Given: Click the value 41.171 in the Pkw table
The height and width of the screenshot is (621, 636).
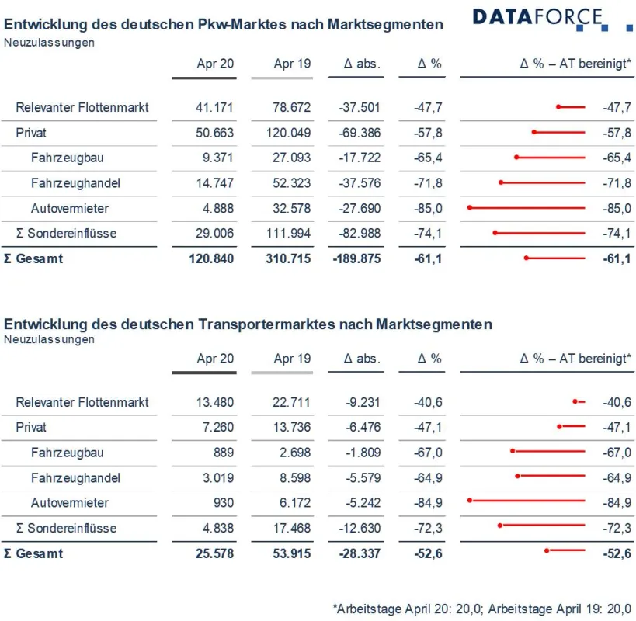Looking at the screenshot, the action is (x=214, y=107).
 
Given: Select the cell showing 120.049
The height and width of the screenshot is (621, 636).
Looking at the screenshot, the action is (x=288, y=133).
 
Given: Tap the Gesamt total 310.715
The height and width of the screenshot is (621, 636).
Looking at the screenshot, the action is (x=288, y=258).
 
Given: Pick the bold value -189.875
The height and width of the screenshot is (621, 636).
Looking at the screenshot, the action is (x=356, y=258).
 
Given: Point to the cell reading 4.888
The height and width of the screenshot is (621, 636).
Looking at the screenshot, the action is (x=218, y=208).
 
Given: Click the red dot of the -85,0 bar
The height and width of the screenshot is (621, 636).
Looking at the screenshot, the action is (x=470, y=208).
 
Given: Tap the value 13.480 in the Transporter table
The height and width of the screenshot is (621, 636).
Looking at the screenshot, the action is (x=215, y=402).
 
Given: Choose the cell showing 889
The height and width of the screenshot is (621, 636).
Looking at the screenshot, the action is (x=224, y=453).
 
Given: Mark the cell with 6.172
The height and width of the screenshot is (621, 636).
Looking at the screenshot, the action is (x=295, y=503).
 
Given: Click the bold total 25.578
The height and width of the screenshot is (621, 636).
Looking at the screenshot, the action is (x=215, y=553).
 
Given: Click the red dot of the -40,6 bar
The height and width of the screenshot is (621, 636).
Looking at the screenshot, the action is (x=575, y=401).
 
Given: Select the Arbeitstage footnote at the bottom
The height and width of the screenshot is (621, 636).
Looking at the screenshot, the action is (x=482, y=609).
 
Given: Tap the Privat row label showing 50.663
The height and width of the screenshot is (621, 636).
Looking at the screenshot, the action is (x=31, y=133).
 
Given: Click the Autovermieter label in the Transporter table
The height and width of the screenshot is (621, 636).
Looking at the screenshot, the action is (x=70, y=503).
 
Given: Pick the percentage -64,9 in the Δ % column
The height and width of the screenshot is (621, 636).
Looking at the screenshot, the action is (x=428, y=477).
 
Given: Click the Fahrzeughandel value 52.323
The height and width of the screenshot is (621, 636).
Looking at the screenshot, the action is (x=292, y=183).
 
